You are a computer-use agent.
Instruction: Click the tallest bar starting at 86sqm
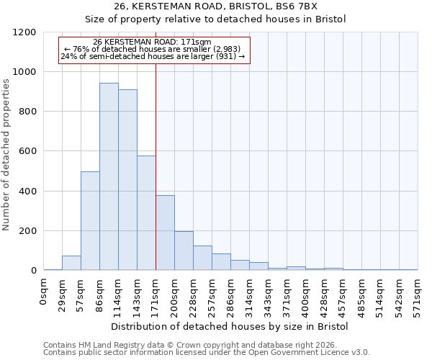pyautogui.click(x=109, y=176)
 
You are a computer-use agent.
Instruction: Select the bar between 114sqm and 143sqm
pyautogui.click(x=127, y=180)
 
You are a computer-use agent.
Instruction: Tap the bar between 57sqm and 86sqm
pyautogui.click(x=90, y=221)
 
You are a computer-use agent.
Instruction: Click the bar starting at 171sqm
pyautogui.click(x=165, y=233)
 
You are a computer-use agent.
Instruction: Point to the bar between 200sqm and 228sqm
pyautogui.click(x=184, y=251)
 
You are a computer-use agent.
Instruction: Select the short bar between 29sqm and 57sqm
pyautogui.click(x=71, y=263)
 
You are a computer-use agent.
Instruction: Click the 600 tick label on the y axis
pyautogui.click(x=27, y=152)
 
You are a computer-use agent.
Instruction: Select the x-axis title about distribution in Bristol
pyautogui.click(x=230, y=327)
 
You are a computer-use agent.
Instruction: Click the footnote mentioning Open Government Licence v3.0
pyautogui.click(x=207, y=353)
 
